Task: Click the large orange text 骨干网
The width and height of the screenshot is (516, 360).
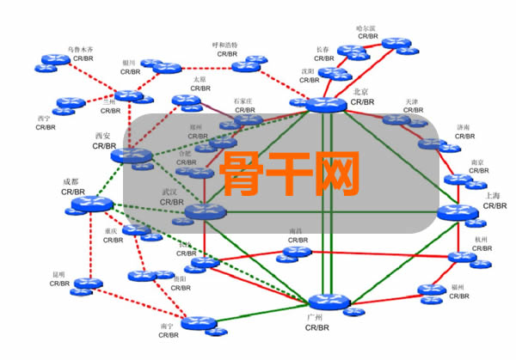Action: pos(289,173)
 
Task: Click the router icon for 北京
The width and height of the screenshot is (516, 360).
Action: pos(324,105)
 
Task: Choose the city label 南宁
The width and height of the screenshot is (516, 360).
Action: pos(167,326)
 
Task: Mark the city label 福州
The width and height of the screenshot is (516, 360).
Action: pos(458,287)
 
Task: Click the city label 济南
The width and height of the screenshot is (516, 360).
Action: pos(464,126)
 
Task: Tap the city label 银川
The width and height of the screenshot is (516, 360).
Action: pos(129,63)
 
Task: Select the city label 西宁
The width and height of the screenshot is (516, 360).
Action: pos(44,118)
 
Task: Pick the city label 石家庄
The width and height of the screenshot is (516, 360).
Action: pos(246,101)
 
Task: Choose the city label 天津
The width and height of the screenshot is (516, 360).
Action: pos(414,101)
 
